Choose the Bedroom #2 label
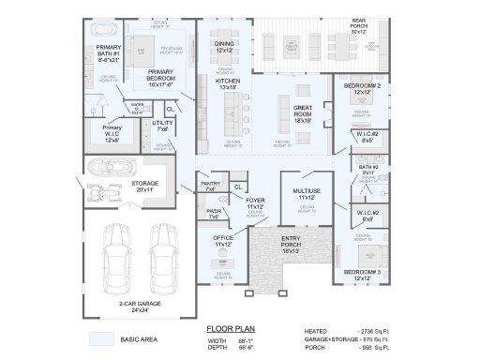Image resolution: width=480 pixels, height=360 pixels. [361, 89]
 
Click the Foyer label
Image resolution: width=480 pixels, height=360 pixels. [256, 203]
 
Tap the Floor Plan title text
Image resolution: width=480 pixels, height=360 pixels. [225, 330]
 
